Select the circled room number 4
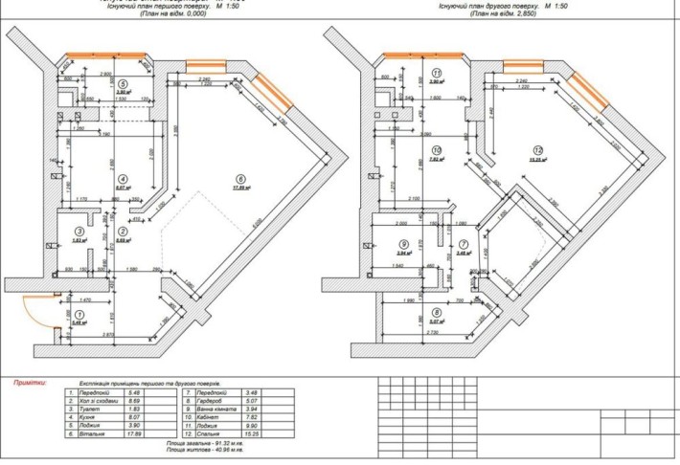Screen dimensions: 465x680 (123, 179)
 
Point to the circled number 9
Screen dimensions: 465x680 (404, 244)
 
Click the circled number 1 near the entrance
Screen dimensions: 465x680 (79, 314)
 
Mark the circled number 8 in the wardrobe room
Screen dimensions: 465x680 (436, 312)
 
